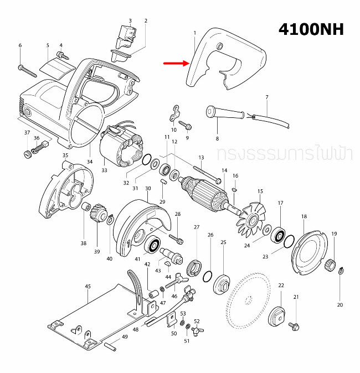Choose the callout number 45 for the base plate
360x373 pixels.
tap(88, 287)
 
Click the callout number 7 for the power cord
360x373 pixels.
tap(266, 97)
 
